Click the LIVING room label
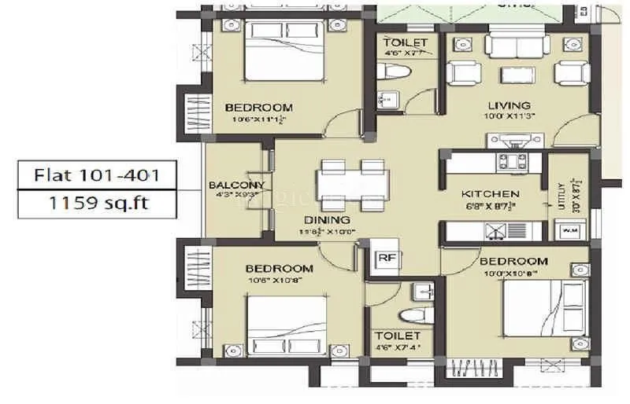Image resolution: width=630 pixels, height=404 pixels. [508, 105]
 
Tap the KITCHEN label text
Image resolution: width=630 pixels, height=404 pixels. [489, 194]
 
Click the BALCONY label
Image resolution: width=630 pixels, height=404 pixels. [235, 185]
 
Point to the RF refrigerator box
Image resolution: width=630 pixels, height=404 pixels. [386, 256]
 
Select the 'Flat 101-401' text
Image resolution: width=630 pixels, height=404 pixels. [96, 174]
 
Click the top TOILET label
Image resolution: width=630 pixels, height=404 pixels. [405, 42]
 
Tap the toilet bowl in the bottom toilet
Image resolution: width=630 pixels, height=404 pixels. [411, 314]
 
